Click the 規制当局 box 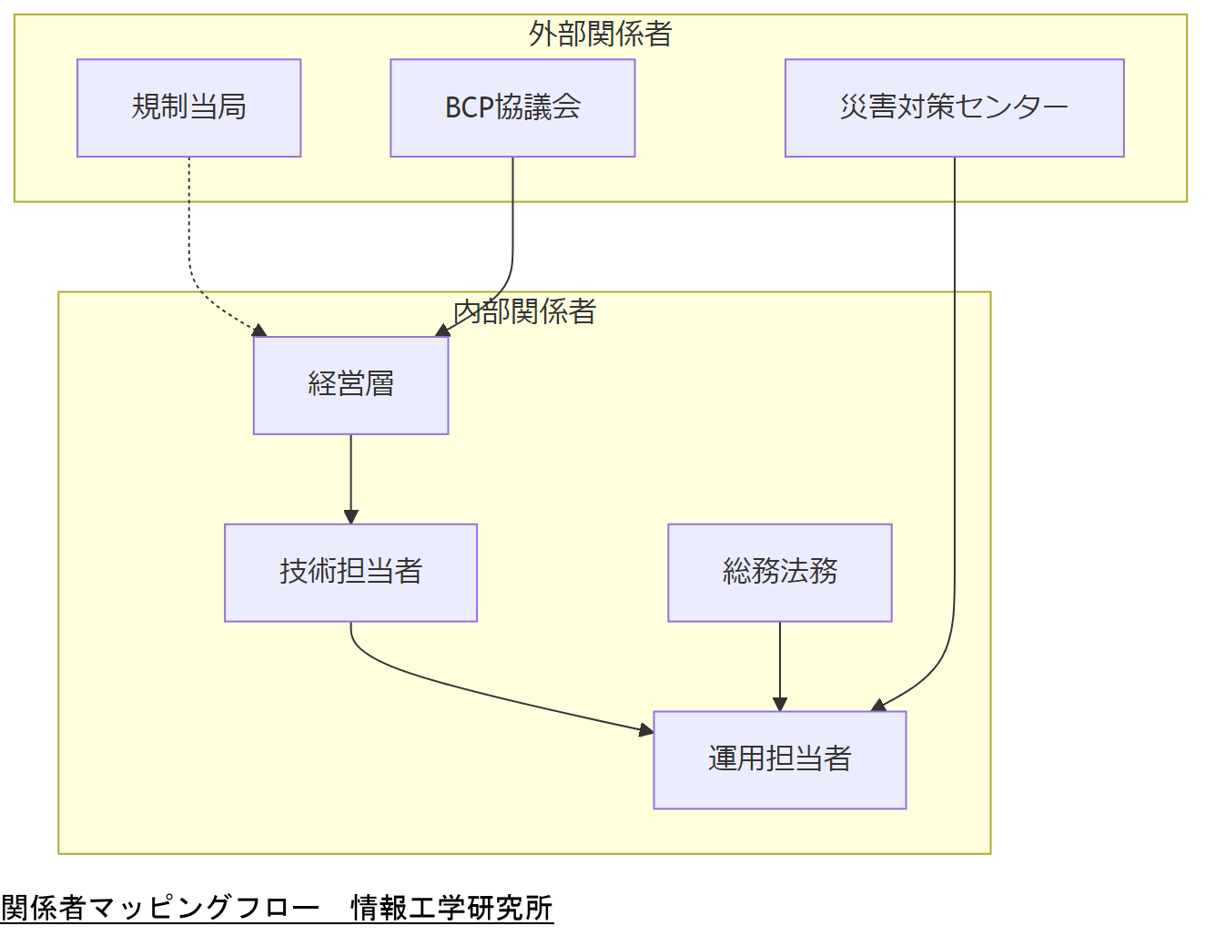point(188,108)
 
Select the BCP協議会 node point(512,108)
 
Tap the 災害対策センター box point(954,108)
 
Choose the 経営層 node point(350,385)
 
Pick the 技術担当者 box point(350,573)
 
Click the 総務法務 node point(779,573)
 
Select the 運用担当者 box point(779,759)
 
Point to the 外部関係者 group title point(600,35)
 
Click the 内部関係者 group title point(524,312)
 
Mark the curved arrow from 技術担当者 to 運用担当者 point(473,692)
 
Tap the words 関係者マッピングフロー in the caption point(160,908)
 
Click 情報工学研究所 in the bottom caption point(451,908)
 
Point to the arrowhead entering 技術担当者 point(350,517)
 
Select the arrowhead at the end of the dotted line point(259,331)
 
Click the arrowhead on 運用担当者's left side point(646,729)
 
